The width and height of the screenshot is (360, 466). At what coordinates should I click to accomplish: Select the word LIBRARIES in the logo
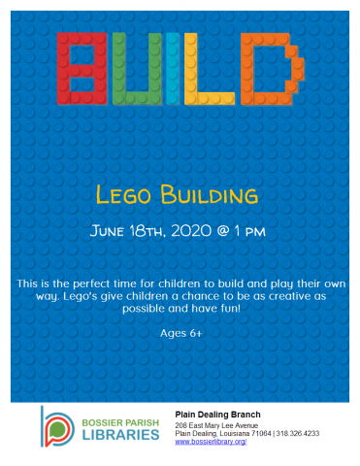pyautogui.click(x=120, y=433)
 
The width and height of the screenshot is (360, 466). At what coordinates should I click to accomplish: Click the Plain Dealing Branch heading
pyautogui.click(x=216, y=412)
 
